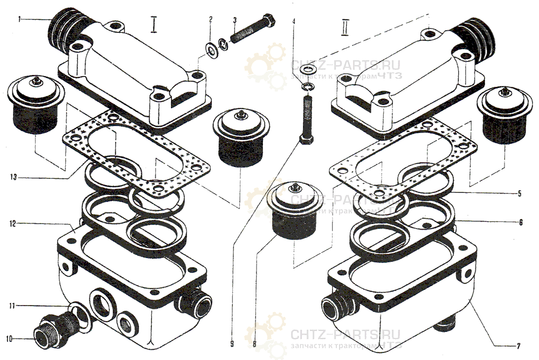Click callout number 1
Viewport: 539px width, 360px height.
click(x=19, y=20)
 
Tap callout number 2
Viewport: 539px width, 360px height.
click(x=211, y=19)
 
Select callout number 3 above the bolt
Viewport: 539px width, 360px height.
click(x=235, y=20)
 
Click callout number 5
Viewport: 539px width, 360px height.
click(x=520, y=193)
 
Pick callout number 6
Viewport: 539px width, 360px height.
click(x=521, y=221)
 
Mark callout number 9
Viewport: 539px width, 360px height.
click(x=232, y=341)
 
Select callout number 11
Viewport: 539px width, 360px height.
click(x=11, y=306)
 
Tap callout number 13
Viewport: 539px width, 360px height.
click(x=11, y=176)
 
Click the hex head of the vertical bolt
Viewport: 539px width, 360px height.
click(x=305, y=140)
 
